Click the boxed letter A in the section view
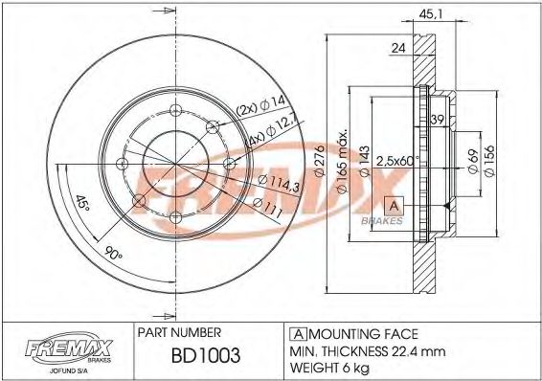tap(393, 205)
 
